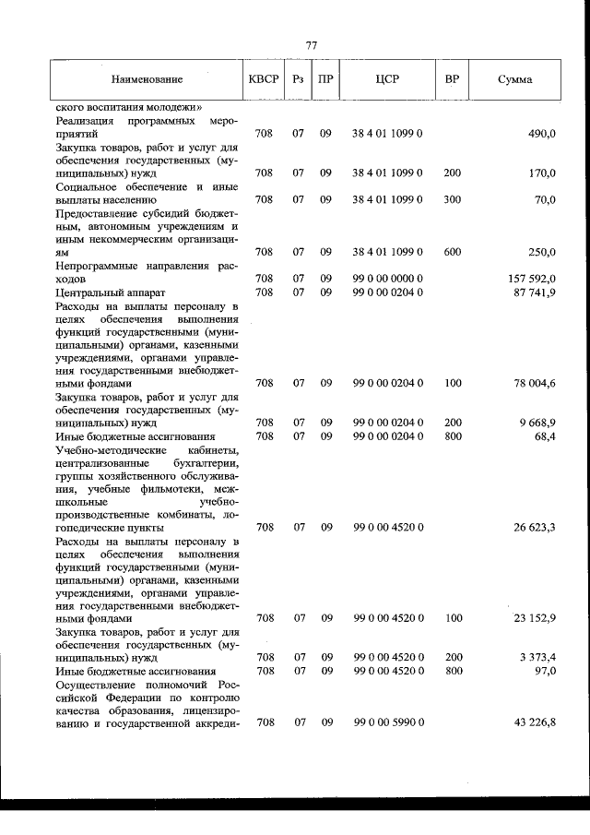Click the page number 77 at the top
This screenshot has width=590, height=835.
point(311,43)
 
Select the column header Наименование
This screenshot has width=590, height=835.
point(147,80)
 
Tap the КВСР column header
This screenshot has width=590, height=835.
point(264,80)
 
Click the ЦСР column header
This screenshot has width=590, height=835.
point(386,80)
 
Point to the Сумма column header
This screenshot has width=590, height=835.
point(513,80)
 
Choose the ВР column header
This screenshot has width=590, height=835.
point(452,80)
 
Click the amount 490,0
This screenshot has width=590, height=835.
point(540,134)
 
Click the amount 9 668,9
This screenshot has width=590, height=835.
point(537,423)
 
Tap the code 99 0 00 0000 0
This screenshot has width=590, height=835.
point(387,278)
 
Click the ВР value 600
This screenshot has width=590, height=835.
point(453,252)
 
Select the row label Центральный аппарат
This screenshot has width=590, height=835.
point(97,292)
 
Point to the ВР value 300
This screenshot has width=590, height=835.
point(453,199)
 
